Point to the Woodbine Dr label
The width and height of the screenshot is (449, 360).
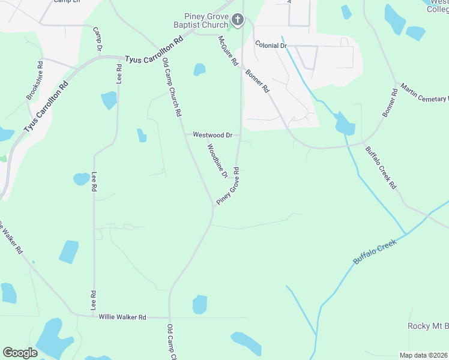coord(217,161)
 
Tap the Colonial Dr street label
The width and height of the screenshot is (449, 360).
coord(271,45)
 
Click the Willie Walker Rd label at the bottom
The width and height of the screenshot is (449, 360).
coord(122,317)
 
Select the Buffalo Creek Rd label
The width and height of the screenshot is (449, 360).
coord(381,167)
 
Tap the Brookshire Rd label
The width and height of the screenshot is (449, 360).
coord(34,80)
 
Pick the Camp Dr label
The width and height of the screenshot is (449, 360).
coord(97,39)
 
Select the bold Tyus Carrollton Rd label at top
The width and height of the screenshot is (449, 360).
coord(153,59)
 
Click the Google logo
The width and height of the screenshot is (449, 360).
coord(20,352)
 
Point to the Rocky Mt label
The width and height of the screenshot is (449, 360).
coord(427,326)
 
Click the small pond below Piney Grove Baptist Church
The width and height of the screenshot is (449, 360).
coord(199,70)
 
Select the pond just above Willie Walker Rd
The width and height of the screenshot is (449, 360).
coord(199,304)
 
